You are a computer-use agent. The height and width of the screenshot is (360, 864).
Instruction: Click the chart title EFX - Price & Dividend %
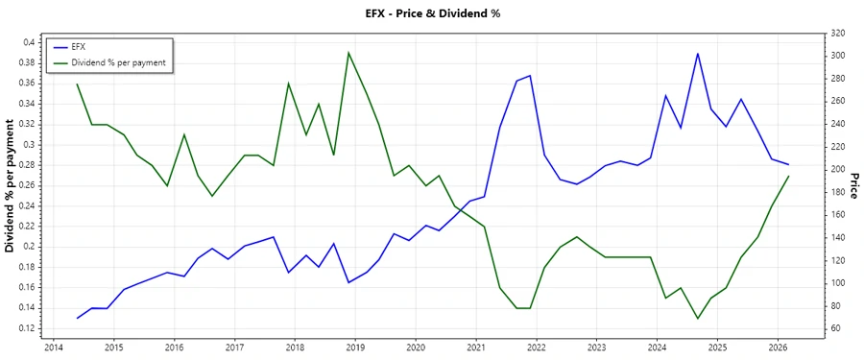[432, 13]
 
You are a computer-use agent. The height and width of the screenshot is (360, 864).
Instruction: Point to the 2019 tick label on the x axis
[355, 348]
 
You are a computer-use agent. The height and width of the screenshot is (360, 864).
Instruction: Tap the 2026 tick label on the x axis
[778, 348]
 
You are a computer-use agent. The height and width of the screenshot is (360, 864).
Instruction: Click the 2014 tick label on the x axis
[54, 348]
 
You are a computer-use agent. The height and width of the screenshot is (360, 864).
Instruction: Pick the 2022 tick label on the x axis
[537, 348]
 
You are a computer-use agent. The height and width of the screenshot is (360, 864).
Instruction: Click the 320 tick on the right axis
[837, 33]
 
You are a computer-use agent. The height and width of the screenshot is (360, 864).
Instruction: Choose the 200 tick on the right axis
[837, 169]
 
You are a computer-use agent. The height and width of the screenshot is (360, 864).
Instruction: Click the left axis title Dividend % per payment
[11, 185]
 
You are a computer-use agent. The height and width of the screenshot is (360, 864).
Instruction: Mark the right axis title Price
[853, 185]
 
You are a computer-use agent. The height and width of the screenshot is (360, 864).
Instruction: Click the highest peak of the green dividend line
[348, 52]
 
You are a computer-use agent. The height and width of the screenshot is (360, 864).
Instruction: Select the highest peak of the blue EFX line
[698, 53]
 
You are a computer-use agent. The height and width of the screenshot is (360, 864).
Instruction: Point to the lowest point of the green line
[698, 319]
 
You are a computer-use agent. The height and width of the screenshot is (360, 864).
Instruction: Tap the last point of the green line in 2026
[788, 176]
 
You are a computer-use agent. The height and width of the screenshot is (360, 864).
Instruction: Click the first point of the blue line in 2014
[78, 318]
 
